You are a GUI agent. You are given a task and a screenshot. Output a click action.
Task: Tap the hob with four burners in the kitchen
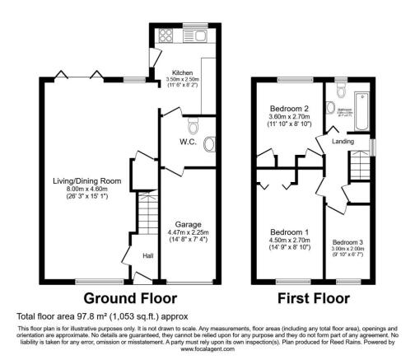coord(163,35)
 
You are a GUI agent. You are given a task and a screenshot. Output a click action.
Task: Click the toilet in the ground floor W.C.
coord(193,126)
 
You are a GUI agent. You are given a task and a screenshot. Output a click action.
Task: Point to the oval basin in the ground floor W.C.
coord(208,145)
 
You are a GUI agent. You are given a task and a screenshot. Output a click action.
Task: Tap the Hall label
coord(147,256)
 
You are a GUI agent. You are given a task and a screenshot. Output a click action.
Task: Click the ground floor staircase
coord(145,223)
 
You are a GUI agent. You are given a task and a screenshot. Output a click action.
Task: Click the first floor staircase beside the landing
coord(360,169)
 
